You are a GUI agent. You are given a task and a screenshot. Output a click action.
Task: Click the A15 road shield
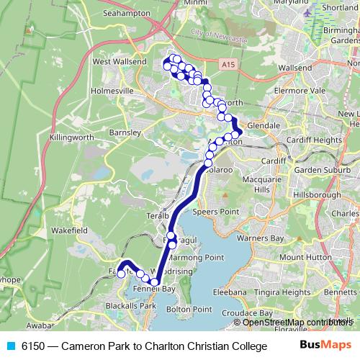click(x=229, y=65)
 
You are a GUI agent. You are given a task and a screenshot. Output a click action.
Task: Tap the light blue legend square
click(x=10, y=345)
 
